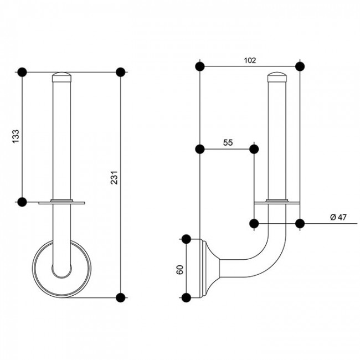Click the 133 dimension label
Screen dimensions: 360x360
16,136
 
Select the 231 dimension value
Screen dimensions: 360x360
114,177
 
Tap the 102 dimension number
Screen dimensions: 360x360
250,60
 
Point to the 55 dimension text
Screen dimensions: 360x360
228,142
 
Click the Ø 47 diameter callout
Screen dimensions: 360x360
338,217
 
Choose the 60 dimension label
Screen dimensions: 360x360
180,270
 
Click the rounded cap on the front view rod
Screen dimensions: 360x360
62,77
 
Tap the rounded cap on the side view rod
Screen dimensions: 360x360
277,77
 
